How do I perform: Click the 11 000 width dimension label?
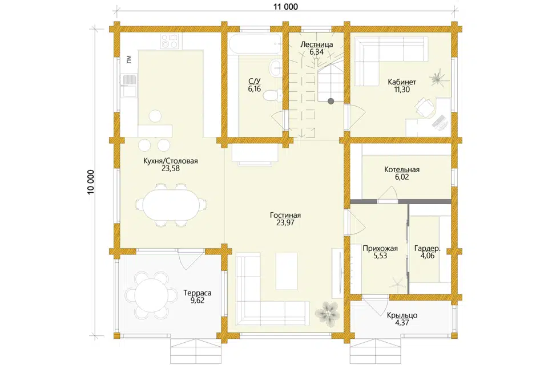[x=286, y=6]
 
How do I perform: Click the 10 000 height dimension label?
[x=91, y=182]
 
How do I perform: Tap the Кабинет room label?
[x=402, y=82]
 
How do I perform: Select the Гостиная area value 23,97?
[x=285, y=223]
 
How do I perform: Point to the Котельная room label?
[x=402, y=170]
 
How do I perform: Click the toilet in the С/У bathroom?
[x=273, y=95]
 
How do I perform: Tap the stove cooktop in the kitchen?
[x=171, y=41]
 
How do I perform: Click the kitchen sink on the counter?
[x=128, y=80]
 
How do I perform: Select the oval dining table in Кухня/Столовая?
[x=170, y=206]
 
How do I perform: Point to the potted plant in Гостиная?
[x=327, y=313]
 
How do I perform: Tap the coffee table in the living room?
[x=287, y=271]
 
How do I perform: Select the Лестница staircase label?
[x=317, y=44]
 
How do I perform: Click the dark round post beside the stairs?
[x=331, y=102]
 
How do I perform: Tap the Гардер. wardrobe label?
[x=428, y=249]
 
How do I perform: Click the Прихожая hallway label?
[x=380, y=249]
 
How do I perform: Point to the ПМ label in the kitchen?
[x=130, y=59]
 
